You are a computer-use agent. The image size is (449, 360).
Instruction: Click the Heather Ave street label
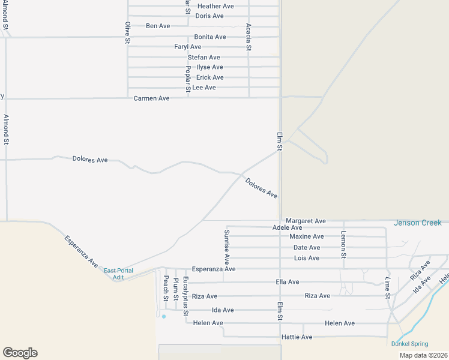tap(215, 6)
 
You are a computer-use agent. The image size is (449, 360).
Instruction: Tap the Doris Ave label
tap(209, 16)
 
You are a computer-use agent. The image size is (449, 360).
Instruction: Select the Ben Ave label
tap(158, 26)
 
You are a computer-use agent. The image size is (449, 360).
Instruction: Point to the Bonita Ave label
tap(210, 37)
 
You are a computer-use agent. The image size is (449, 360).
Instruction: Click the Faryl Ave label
tap(188, 47)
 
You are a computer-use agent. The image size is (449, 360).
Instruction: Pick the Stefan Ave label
tap(204, 58)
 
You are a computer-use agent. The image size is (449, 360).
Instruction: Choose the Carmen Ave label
tap(151, 98)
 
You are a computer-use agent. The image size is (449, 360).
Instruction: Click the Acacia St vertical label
tap(249, 37)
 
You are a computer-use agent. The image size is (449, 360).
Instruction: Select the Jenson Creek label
tap(417, 223)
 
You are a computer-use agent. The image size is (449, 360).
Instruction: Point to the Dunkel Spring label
tap(409, 344)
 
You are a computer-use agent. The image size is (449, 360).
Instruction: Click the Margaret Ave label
tap(306, 221)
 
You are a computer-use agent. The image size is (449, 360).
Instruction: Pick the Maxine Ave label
tap(306, 237)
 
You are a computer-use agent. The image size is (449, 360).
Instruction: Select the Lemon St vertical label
tap(343, 244)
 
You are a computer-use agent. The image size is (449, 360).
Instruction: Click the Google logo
tap(20, 353)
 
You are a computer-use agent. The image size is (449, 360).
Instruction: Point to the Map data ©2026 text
tap(423, 355)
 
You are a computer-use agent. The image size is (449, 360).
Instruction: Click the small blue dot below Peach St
tap(163, 316)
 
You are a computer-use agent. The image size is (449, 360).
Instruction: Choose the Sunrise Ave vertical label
tap(227, 247)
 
